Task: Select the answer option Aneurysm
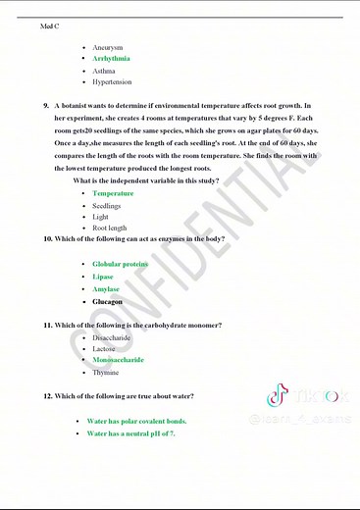click(x=107, y=47)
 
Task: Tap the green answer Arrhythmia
click(x=111, y=59)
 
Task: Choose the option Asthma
click(x=104, y=71)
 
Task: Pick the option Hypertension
click(x=112, y=82)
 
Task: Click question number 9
click(x=47, y=105)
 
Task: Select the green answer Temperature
click(x=113, y=193)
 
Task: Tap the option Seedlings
click(x=107, y=206)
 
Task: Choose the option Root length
click(x=109, y=228)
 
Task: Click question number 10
click(x=48, y=239)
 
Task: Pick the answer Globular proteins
click(x=121, y=264)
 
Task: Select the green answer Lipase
click(x=103, y=277)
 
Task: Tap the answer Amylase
click(x=106, y=289)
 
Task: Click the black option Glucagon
click(x=107, y=302)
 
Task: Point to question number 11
click(x=48, y=325)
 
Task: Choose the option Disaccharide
click(x=112, y=337)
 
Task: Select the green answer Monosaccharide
click(x=118, y=360)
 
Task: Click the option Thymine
click(x=105, y=373)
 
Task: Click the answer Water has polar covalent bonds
click(x=136, y=421)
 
